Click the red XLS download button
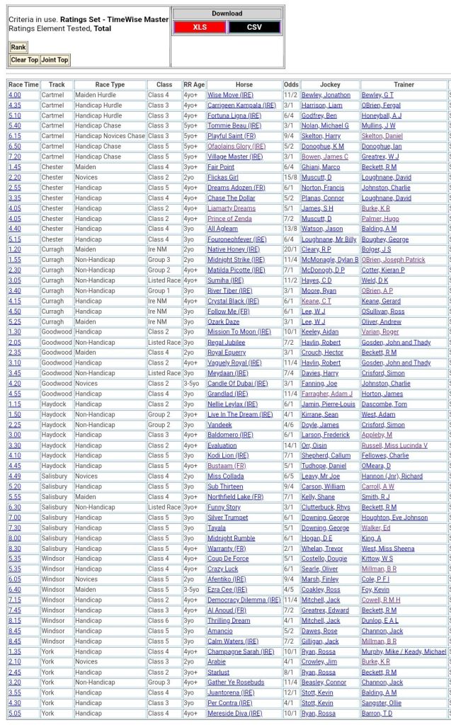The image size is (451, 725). [x=200, y=27]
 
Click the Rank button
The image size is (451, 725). [x=18, y=47]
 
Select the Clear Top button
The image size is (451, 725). [x=24, y=60]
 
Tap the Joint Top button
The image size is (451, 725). [x=55, y=60]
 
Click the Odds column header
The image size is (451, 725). [x=291, y=84]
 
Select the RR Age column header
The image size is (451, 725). [x=194, y=84]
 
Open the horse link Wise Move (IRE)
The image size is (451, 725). [x=230, y=95]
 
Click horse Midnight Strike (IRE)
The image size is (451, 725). [x=236, y=260]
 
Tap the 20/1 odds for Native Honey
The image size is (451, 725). [x=291, y=249]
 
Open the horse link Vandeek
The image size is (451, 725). [x=220, y=425]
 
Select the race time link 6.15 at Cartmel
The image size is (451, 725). [x=15, y=136]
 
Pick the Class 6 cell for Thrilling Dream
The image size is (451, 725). [x=159, y=620]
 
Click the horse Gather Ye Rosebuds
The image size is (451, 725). [x=236, y=683]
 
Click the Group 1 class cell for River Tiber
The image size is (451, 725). [x=159, y=290]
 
